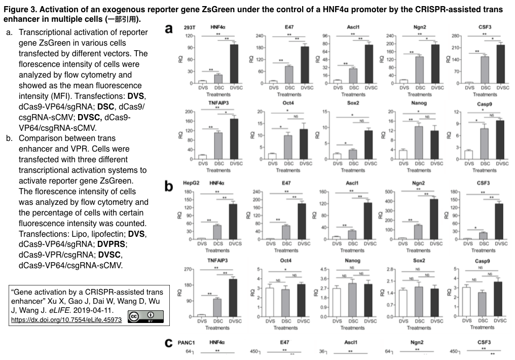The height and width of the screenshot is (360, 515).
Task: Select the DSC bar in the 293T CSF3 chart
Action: [x=485, y=69]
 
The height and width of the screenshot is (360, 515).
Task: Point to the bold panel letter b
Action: [x=169, y=186]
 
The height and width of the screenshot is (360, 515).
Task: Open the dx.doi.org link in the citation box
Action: [x=66, y=320]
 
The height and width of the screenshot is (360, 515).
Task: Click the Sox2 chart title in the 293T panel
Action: [x=353, y=103]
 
